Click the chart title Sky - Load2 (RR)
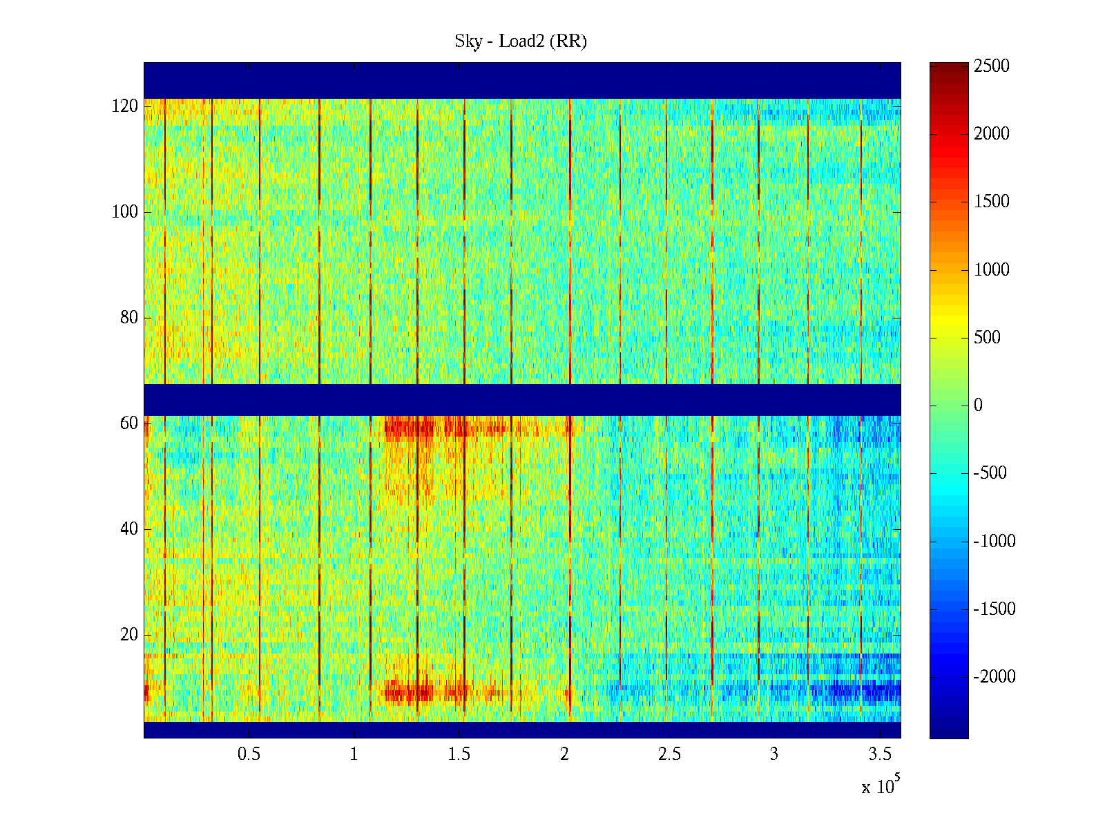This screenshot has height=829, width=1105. [521, 41]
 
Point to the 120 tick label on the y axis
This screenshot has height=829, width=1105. [125, 106]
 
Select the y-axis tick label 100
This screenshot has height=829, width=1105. [125, 212]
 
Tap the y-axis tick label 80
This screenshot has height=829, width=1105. [129, 318]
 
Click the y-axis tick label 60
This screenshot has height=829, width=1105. [129, 423]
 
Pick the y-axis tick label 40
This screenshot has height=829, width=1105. [129, 529]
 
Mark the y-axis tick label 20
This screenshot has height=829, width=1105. [129, 635]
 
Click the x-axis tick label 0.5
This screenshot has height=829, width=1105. [249, 754]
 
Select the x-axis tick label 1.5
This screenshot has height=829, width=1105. [459, 754]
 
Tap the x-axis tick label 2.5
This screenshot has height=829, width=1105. [669, 754]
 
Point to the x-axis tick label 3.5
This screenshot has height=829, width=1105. [879, 754]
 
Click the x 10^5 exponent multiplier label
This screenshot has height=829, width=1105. [881, 786]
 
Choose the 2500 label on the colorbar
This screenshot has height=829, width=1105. [992, 66]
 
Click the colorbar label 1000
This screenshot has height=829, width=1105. [992, 270]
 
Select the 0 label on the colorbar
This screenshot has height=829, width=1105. [978, 406]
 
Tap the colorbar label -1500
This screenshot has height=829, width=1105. [995, 609]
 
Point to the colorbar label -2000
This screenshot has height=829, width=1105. [995, 677]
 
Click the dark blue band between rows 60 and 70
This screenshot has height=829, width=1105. [522, 399]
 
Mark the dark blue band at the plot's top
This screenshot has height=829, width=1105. [522, 80]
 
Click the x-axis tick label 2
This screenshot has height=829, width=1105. [564, 754]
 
